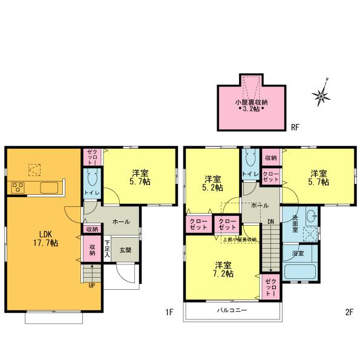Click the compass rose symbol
[x=321, y=94]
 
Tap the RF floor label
[x=295, y=127]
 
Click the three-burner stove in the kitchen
[x=17, y=188]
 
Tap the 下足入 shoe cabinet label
[x=108, y=249]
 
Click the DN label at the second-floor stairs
[x=270, y=221]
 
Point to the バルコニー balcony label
[x=232, y=310]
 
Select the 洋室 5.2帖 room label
[x=212, y=183]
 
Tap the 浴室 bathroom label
[x=298, y=253]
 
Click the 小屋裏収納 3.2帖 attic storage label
[x=251, y=105]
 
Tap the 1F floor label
[x=170, y=312]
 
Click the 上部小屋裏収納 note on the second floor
[x=239, y=240]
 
